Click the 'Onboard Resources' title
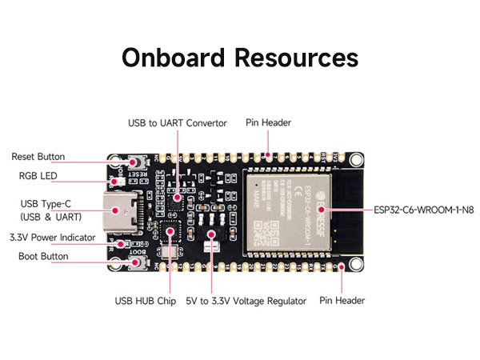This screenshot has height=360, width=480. point(240,58)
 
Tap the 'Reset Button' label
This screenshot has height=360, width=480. point(38,157)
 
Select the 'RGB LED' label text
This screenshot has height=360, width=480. point(38,175)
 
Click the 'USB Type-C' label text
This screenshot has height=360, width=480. point(41,203)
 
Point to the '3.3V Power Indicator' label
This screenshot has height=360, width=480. point(52,238)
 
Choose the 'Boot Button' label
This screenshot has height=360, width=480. point(43,256)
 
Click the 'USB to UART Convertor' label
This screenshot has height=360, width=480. point(178,123)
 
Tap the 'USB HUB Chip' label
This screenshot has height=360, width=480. point(146,302)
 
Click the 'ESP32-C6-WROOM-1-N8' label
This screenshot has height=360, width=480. point(422,211)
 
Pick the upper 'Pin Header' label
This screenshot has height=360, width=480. point(269,123)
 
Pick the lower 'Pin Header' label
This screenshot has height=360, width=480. point(342,301)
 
